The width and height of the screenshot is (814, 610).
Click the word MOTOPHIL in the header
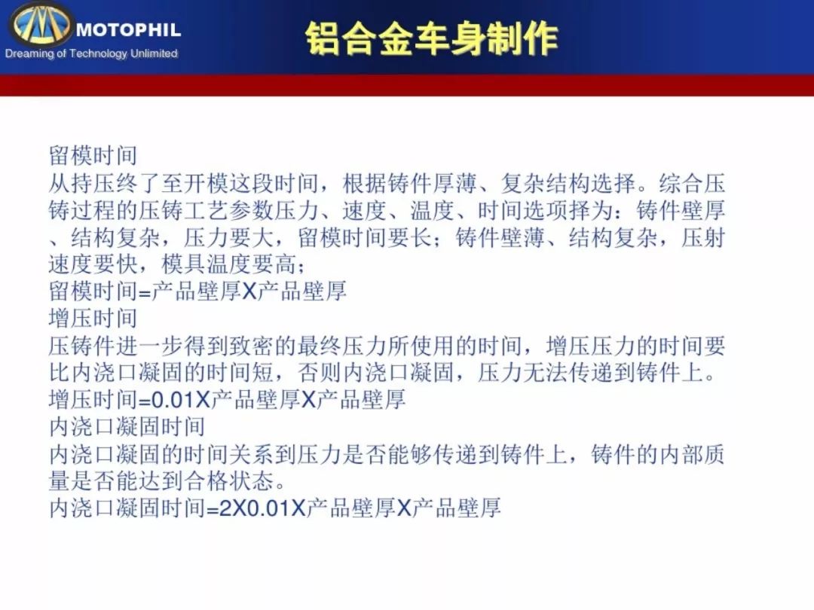[x=128, y=29]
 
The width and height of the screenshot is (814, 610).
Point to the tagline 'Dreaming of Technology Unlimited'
[x=91, y=53]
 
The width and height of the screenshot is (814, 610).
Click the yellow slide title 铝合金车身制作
[x=431, y=38]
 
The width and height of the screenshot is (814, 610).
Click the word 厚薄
[x=454, y=184]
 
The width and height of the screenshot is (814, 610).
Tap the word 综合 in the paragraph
[x=681, y=184]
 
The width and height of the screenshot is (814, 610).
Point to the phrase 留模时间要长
[x=365, y=237]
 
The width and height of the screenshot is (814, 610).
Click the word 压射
[x=703, y=237]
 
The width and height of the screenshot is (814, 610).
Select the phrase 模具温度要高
[x=229, y=264]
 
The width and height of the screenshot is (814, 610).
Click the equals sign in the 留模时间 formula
[x=145, y=292]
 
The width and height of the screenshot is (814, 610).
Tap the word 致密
[x=251, y=346]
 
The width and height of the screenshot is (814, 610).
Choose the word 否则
[x=320, y=373]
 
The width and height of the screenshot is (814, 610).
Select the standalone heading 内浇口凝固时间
[x=127, y=427]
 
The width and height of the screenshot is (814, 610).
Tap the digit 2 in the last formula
[x=226, y=508]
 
